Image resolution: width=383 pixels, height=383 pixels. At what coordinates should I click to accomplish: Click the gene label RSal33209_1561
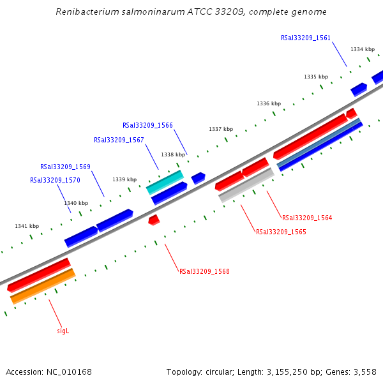tap(306, 38)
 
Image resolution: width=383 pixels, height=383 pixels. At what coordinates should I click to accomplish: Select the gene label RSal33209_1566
tap(147, 125)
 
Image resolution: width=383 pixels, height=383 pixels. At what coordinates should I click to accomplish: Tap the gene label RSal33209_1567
tap(119, 140)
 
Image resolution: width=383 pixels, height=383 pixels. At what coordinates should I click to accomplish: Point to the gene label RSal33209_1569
tap(65, 167)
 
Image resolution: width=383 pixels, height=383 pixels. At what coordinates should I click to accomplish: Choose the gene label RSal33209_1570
tap(55, 180)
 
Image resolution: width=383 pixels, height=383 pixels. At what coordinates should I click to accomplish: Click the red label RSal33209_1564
tap(307, 218)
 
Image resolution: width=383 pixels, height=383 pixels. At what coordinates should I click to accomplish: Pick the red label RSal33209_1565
tap(281, 232)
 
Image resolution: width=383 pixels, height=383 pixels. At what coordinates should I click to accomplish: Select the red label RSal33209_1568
tap(204, 271)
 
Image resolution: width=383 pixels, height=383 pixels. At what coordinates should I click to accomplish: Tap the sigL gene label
tap(63, 331)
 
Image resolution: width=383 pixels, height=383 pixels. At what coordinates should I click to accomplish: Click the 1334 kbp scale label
tap(363, 49)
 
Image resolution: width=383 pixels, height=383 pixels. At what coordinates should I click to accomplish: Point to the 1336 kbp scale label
tap(269, 103)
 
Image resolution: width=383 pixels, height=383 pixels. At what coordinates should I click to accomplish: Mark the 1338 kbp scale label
tap(173, 154)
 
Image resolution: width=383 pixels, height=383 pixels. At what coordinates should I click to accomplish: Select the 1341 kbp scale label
tap(27, 226)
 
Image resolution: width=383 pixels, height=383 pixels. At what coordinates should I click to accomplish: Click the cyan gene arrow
tap(165, 182)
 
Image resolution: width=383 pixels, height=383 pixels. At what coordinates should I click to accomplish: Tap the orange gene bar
tap(43, 286)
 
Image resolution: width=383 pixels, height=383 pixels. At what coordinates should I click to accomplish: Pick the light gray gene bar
tap(246, 185)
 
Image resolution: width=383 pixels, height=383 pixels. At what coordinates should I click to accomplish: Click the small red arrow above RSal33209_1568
tap(153, 220)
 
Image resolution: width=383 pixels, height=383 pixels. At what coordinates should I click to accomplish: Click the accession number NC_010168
tap(69, 372)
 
